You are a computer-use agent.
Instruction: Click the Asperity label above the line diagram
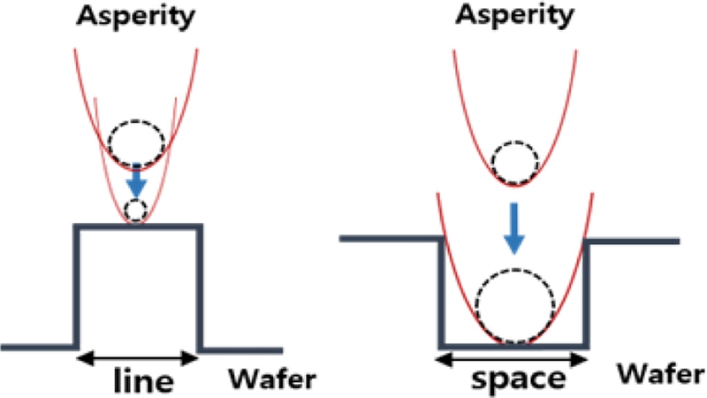pos(136,18)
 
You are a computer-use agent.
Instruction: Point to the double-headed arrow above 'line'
pos(137,357)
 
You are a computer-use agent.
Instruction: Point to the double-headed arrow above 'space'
pos(513,357)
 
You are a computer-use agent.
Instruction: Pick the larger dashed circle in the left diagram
pos(136,141)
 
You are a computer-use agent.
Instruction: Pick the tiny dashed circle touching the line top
pos(136,210)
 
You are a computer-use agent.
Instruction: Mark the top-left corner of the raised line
pos(77,226)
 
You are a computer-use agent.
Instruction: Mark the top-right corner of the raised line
pos(200,226)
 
